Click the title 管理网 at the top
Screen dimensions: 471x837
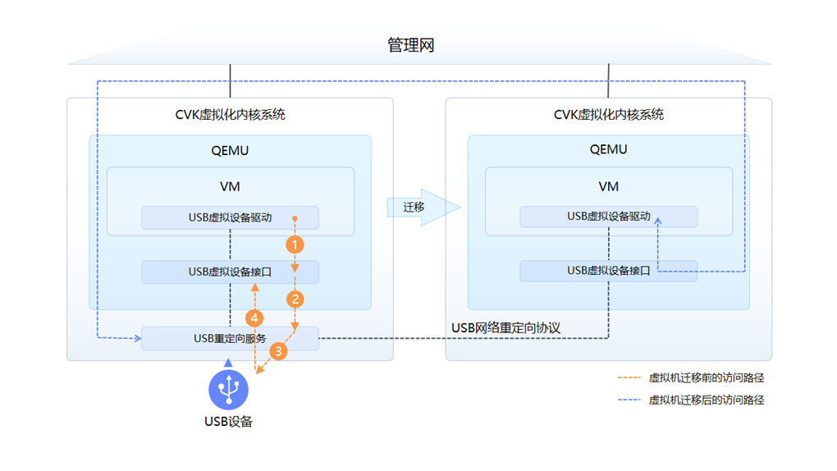(x=410, y=45)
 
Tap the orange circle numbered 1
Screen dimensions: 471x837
(x=295, y=245)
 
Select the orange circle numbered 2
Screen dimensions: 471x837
(x=295, y=300)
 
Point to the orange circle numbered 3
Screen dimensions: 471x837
(x=278, y=352)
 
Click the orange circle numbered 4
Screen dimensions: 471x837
(x=255, y=318)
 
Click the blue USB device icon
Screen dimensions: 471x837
(x=228, y=389)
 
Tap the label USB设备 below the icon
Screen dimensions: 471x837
(x=228, y=422)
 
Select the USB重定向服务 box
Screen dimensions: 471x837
(x=230, y=338)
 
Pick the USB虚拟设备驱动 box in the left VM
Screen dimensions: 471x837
(x=230, y=217)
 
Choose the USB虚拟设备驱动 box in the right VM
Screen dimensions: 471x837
(x=608, y=217)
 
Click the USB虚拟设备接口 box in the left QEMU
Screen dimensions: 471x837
(x=230, y=272)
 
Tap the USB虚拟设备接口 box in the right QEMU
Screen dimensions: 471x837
(x=608, y=271)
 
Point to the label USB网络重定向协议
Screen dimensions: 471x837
(x=505, y=328)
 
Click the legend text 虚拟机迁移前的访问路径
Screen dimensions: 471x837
(x=707, y=378)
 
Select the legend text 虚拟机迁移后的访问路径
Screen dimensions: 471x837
(x=707, y=400)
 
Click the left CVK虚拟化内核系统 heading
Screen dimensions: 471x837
(x=230, y=115)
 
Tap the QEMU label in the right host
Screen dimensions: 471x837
(x=608, y=149)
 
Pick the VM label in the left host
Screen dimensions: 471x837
(x=230, y=186)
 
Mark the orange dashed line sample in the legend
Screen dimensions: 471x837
(x=629, y=378)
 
